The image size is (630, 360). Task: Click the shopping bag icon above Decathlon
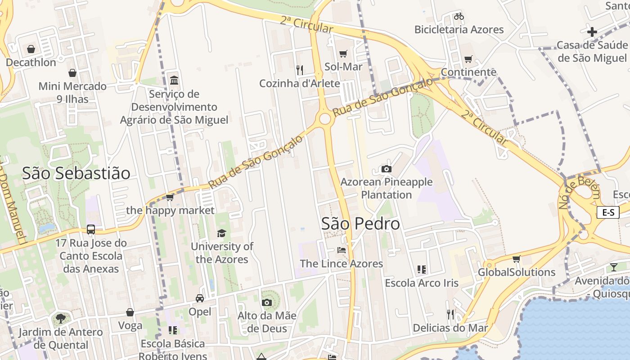(31, 49)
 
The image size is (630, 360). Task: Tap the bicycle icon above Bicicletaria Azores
(459, 16)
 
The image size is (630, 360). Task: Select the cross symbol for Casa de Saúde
(592, 32)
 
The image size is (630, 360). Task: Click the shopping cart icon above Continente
(468, 59)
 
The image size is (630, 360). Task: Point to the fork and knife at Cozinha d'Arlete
(300, 70)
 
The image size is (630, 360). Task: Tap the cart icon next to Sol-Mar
(343, 54)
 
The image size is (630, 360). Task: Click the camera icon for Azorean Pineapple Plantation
(386, 169)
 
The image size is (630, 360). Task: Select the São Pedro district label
(360, 224)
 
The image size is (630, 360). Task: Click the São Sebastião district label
(76, 173)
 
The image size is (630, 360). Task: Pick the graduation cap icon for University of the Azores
(221, 233)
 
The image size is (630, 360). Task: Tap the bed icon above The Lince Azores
(342, 250)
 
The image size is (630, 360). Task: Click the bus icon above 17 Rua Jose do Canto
(91, 229)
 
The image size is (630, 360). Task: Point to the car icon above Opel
(200, 298)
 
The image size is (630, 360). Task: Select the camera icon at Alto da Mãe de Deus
(267, 302)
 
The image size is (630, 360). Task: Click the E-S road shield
(608, 212)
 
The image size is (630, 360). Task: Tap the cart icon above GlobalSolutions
(516, 259)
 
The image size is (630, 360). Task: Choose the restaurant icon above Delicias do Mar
(450, 314)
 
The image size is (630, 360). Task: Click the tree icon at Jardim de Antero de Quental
(60, 319)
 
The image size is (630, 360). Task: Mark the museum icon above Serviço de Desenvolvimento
(174, 80)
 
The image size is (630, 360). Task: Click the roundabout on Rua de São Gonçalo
(325, 119)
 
